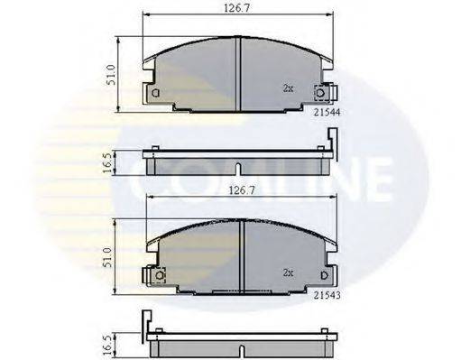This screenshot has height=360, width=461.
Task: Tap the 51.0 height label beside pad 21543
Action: (x=110, y=254)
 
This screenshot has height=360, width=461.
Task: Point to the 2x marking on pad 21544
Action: (x=288, y=89)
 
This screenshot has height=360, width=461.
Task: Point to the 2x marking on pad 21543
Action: (x=289, y=272)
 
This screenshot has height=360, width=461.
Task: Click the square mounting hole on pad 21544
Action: (x=319, y=92)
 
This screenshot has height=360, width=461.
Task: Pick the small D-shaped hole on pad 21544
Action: (x=155, y=93)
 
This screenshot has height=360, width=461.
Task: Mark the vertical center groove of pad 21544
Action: (x=236, y=72)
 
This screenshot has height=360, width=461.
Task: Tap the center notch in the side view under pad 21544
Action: (x=236, y=169)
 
